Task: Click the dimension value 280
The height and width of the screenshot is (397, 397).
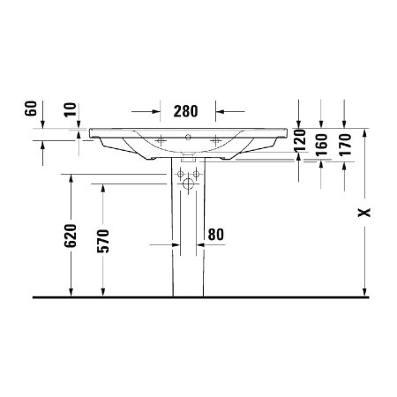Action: pyautogui.click(x=186, y=111)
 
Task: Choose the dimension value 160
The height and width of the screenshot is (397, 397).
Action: pyautogui.click(x=322, y=141)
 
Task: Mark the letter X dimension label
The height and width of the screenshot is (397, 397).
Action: pyautogui.click(x=366, y=213)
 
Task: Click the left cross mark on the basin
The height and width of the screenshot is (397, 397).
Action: pyautogui.click(x=161, y=139)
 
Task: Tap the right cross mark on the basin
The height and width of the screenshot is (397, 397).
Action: pyautogui.click(x=214, y=139)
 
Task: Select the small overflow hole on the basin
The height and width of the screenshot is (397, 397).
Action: pyautogui.click(x=187, y=139)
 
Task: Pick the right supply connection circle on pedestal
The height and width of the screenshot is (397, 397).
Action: pyautogui.click(x=196, y=173)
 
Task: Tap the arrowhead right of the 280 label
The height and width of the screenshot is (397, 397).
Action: pyautogui.click(x=221, y=112)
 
